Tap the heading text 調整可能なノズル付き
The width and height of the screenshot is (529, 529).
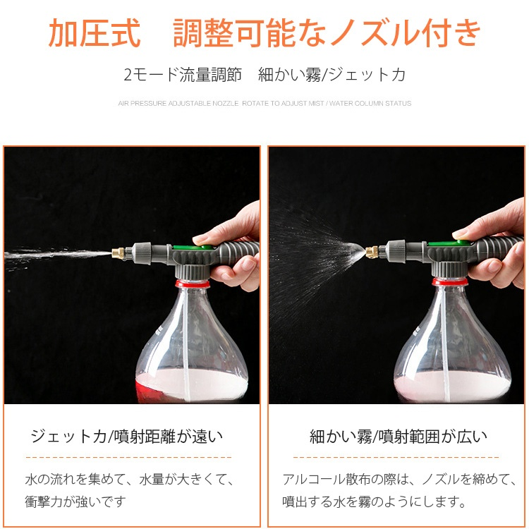click(327, 33)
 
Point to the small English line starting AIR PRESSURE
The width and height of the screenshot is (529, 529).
click(264, 104)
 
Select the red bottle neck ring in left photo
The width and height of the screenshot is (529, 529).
click(192, 283)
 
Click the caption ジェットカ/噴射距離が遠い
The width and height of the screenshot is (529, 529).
click(127, 437)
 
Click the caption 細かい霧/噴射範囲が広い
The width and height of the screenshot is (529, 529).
click(399, 437)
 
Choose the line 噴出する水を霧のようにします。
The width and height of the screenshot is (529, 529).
click(375, 501)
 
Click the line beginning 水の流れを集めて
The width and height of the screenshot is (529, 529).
click(130, 480)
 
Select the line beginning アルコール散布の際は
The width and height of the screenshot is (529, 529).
click(399, 480)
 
